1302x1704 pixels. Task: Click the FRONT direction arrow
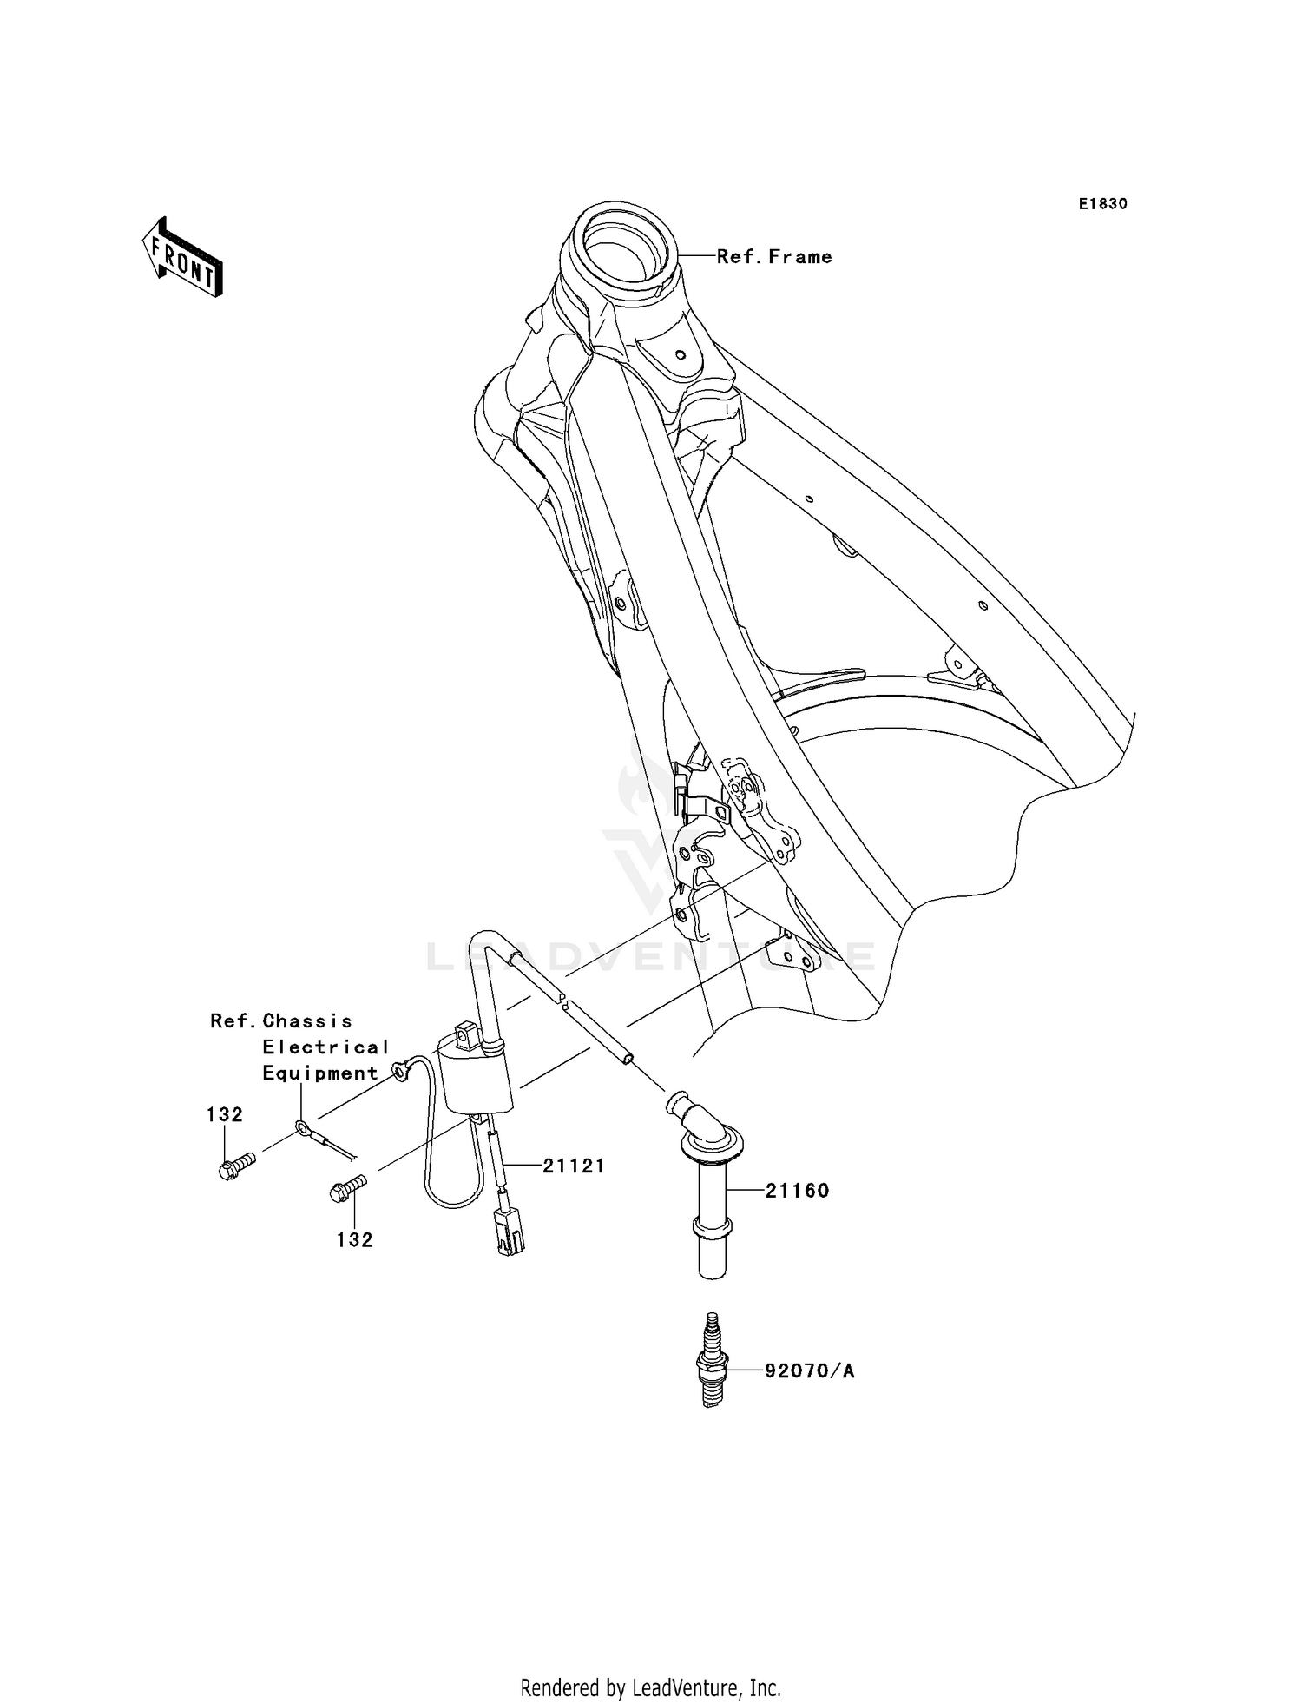[182, 259]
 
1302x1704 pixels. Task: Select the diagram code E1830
[1102, 204]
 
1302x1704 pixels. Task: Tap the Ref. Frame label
[774, 257]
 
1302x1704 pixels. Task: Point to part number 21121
[574, 1166]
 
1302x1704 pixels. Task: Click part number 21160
[797, 1191]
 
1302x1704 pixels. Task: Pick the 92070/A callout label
[809, 1371]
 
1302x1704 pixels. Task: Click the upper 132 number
[224, 1114]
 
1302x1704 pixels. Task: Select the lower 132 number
[355, 1240]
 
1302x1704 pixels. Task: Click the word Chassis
[307, 1021]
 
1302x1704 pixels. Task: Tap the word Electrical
[325, 1047]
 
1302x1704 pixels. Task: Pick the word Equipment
[320, 1073]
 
